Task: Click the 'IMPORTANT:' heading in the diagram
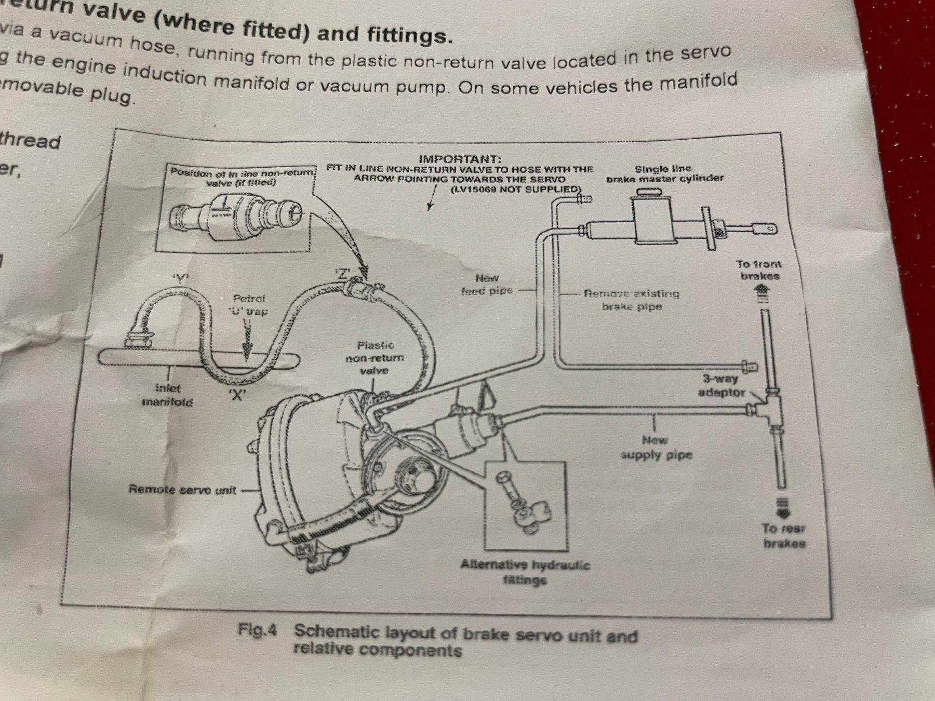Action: tap(460, 159)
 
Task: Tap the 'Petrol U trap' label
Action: tap(249, 305)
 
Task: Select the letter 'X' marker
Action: tap(237, 395)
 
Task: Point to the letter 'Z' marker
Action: tap(341, 274)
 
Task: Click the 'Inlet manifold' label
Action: tap(167, 395)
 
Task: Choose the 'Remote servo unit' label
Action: tap(182, 490)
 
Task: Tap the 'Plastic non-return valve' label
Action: tap(375, 358)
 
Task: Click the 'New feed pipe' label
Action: tap(487, 285)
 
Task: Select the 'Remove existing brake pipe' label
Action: tap(631, 300)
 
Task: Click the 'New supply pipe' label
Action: tap(656, 448)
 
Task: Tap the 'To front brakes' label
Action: tap(759, 270)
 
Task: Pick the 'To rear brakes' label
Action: tap(784, 536)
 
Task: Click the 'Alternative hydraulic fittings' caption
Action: tap(525, 572)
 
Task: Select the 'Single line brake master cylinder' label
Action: tap(664, 173)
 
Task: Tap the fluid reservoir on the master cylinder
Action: tap(653, 218)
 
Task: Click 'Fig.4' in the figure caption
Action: tap(258, 630)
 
